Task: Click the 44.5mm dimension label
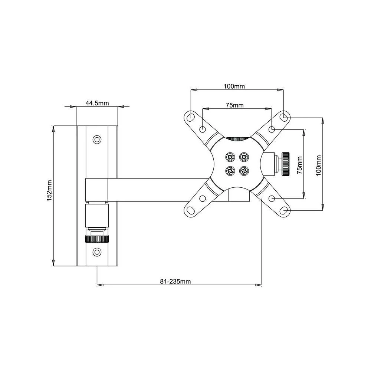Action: pos(97,104)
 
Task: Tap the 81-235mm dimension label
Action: pos(175,281)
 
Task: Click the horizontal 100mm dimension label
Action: pos(234,86)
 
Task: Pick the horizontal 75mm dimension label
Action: pos(234,105)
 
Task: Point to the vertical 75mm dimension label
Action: pos(300,165)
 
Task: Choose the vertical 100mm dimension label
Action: pos(318,165)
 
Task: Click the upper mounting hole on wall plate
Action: pos(97,139)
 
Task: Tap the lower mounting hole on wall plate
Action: pos(97,252)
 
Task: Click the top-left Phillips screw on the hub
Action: pos(230,157)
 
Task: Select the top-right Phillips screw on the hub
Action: pos(244,157)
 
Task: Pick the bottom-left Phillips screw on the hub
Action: pos(230,171)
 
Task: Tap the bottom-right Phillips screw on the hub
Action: pos(244,171)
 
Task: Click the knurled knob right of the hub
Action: pos(285,164)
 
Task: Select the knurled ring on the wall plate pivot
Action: pos(97,239)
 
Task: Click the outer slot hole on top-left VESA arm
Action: pos(190,117)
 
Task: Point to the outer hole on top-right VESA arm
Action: pos(285,117)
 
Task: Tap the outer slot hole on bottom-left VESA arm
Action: pos(190,211)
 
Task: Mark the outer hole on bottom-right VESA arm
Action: pos(285,211)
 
